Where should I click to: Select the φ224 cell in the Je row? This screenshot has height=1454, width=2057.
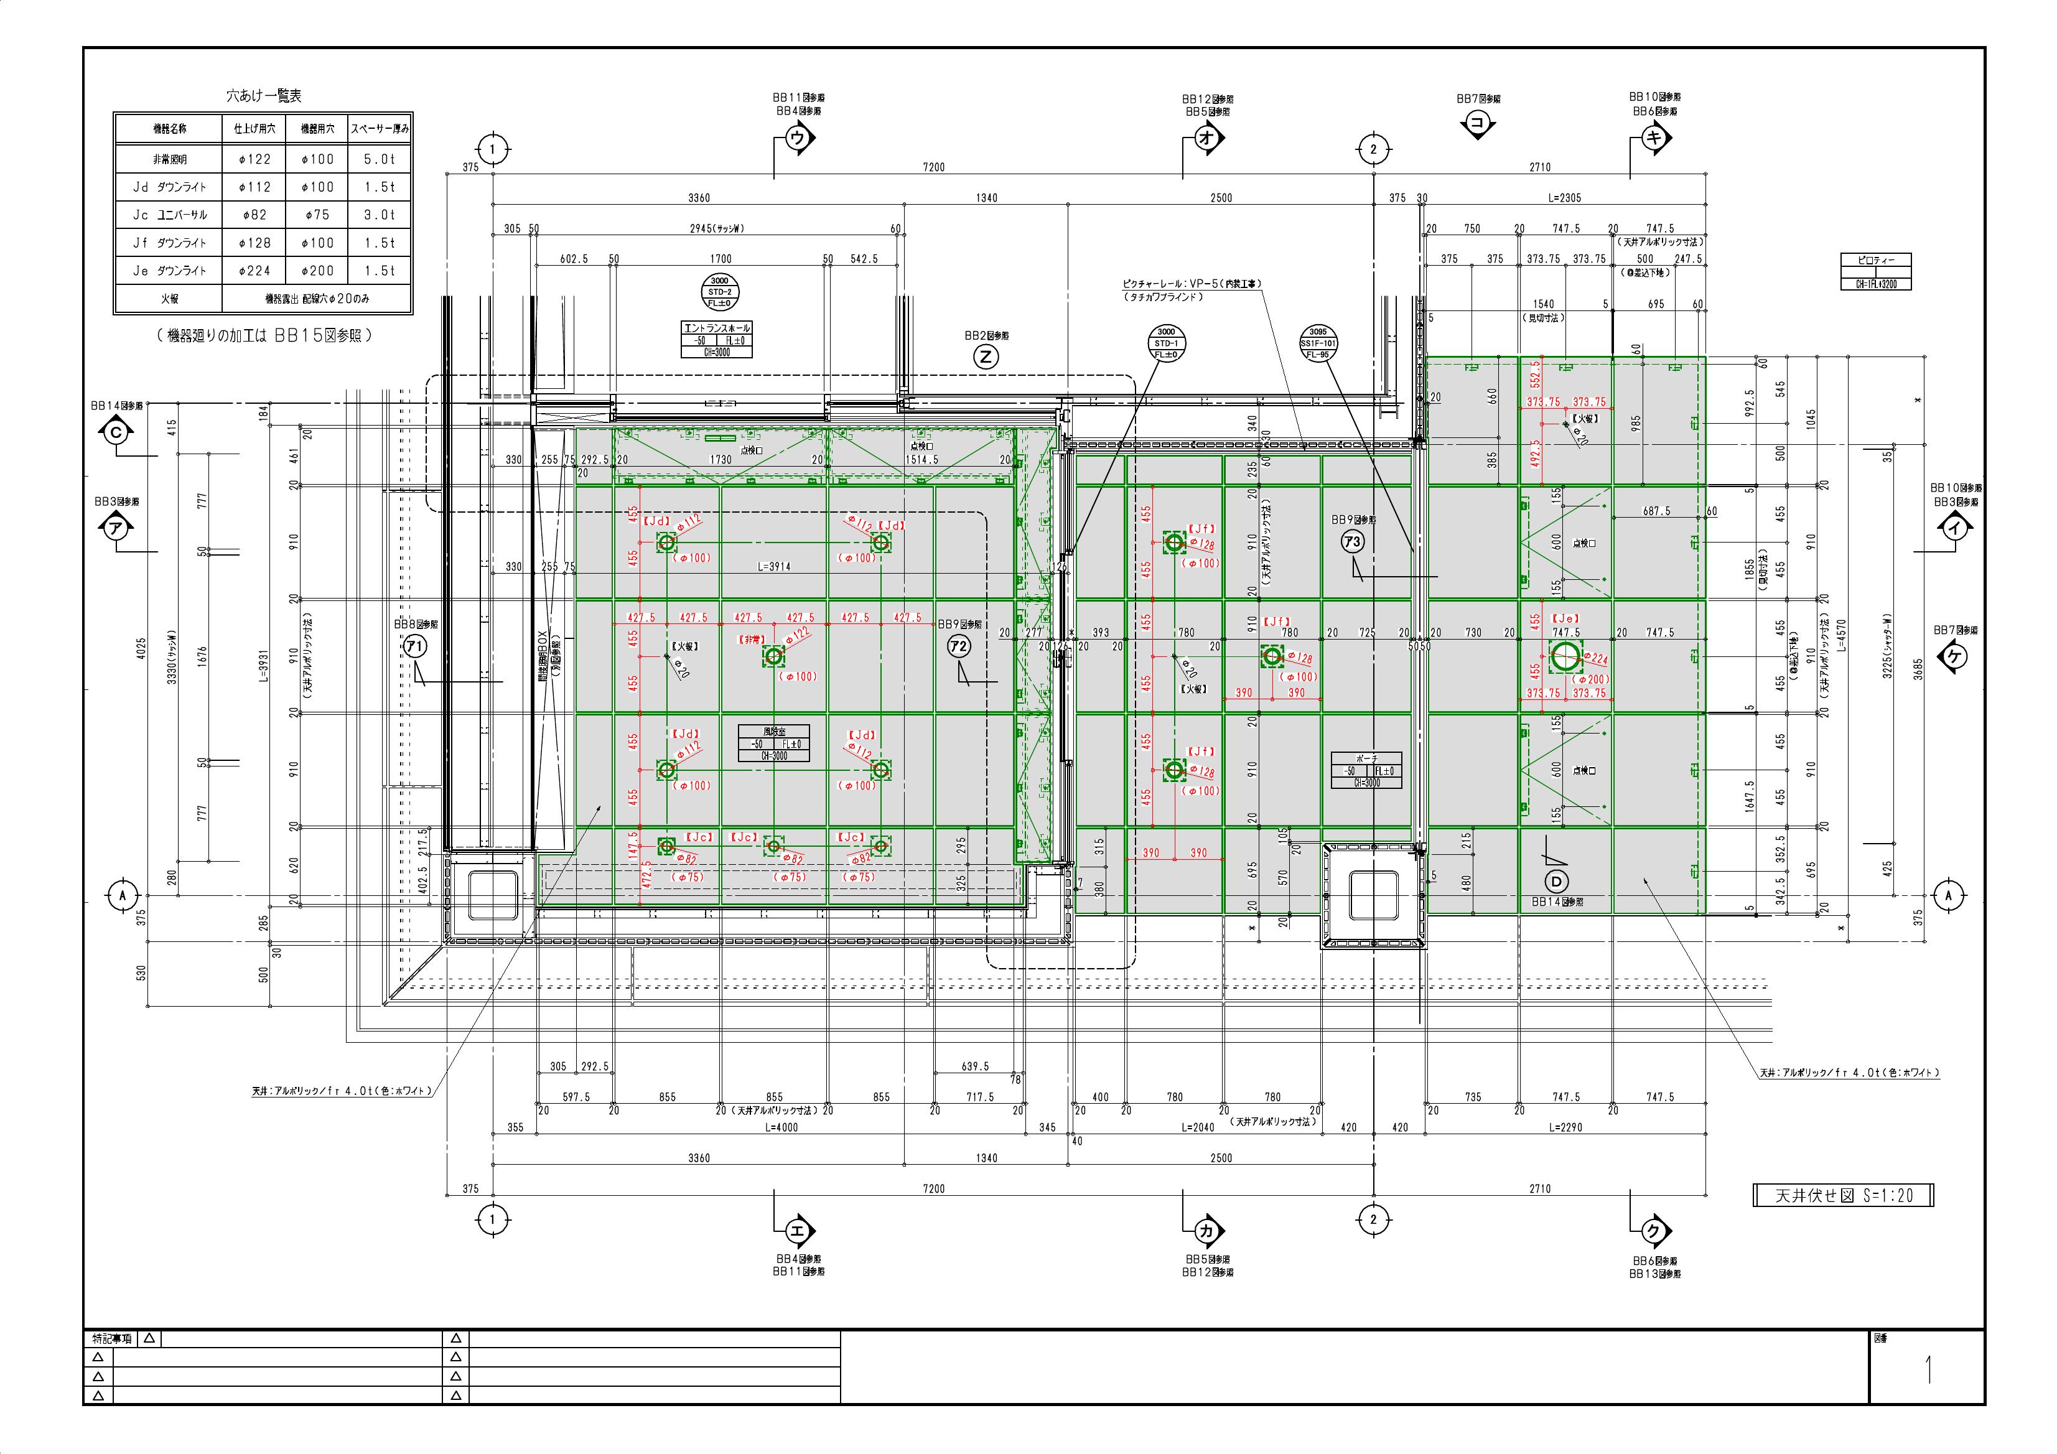point(254,271)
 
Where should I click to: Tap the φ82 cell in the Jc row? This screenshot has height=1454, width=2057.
point(254,215)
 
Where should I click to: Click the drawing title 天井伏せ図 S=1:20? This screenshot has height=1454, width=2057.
point(1843,1195)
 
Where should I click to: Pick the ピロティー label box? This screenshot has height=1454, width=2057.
point(1875,261)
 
